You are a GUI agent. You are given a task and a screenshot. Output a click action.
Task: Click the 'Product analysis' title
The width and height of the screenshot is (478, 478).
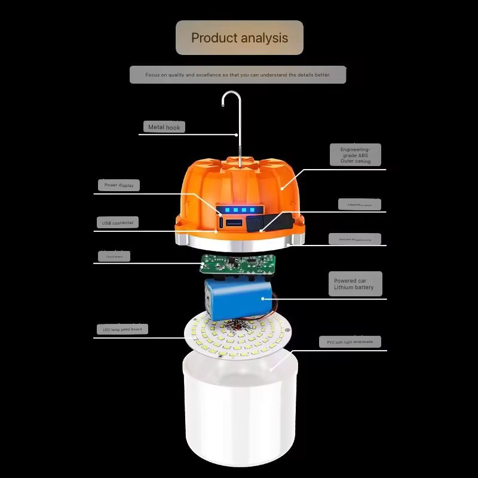point(239,38)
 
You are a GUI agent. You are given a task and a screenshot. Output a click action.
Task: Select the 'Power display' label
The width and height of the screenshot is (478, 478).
point(118,185)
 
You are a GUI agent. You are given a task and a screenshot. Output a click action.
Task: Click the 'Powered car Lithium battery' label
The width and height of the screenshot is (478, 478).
point(354,284)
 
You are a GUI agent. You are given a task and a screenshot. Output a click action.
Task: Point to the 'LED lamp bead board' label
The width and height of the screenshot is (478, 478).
point(122,329)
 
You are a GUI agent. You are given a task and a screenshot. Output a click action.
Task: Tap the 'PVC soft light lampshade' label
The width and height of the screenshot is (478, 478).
point(350,342)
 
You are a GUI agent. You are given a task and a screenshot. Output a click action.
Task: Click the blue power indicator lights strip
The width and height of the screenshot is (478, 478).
point(238,210)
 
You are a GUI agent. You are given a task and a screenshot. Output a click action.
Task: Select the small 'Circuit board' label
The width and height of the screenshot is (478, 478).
point(114,257)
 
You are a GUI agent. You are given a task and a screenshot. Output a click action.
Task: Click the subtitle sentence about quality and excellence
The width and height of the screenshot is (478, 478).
point(238,75)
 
